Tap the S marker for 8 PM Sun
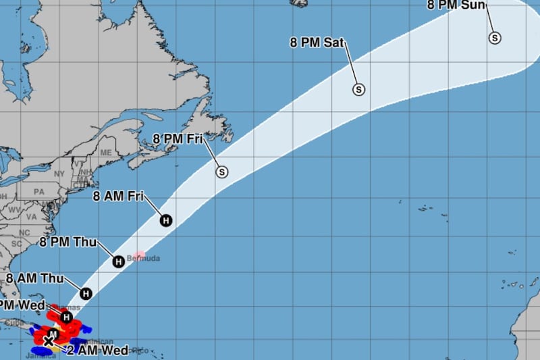[x=495, y=38]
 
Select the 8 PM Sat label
[x=317, y=43]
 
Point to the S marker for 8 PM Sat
[x=358, y=89]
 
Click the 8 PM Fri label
[x=178, y=138]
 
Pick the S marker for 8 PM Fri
[x=222, y=172]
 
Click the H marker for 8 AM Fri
[x=165, y=220]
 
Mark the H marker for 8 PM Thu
[x=118, y=261]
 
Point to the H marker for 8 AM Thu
[x=86, y=293]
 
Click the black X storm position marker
[x=49, y=342]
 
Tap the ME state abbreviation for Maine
[x=105, y=153]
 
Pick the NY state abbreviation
[x=59, y=174]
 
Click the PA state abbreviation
[x=38, y=192]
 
